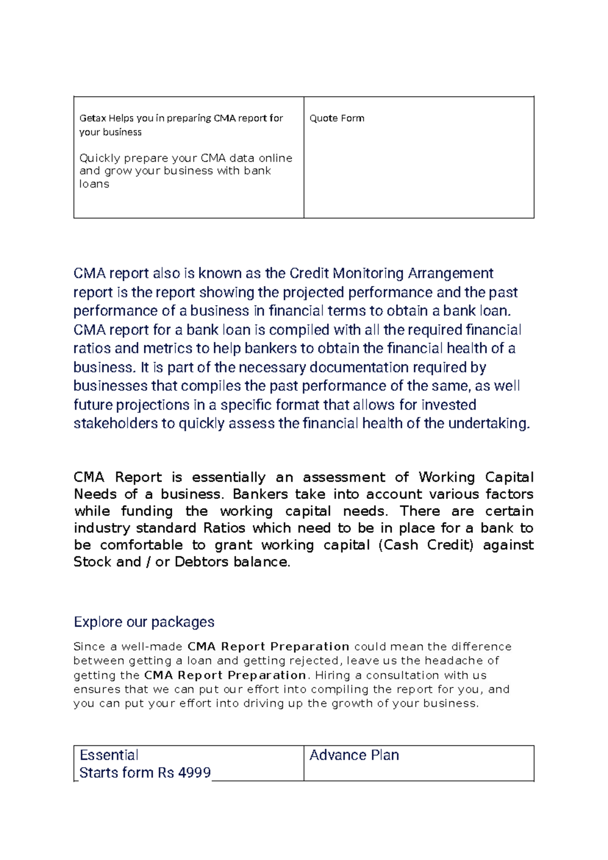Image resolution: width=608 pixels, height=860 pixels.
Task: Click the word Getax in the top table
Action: (93, 118)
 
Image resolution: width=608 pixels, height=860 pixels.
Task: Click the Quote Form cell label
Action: (336, 118)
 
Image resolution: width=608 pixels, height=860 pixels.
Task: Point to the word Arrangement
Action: (450, 273)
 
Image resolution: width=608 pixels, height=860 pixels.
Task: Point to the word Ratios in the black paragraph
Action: (224, 528)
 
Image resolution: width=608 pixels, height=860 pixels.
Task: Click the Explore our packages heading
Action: (144, 622)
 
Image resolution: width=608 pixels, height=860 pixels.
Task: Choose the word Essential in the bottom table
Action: (109, 756)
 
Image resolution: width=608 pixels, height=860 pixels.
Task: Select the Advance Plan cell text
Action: (354, 756)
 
